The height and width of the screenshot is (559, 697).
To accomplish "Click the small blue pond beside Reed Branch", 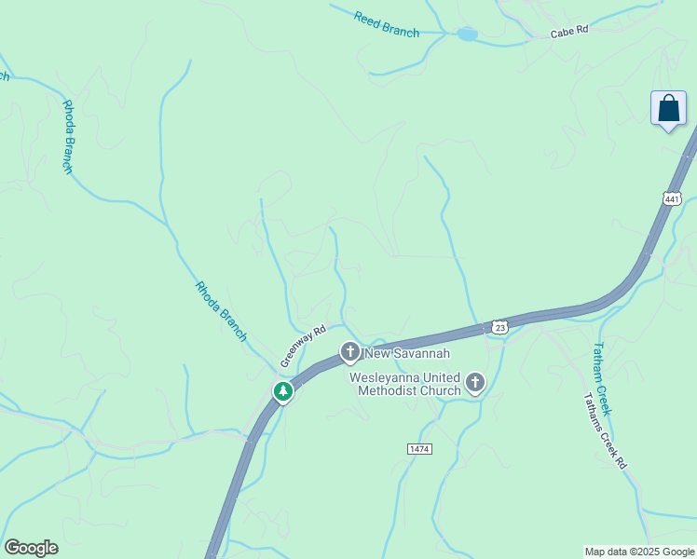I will [467, 34].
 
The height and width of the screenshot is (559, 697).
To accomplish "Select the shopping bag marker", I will [668, 109].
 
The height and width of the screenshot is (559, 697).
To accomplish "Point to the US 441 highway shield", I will [673, 198].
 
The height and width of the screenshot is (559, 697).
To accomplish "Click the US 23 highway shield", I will [500, 327].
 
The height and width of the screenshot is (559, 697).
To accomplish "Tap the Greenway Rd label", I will [303, 346].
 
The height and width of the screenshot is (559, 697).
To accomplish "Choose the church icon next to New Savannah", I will [349, 352].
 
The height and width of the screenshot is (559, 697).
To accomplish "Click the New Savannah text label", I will [407, 353].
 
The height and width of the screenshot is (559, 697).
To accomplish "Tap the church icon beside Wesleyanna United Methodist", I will [475, 382].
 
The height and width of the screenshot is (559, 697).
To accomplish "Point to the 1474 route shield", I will [419, 449].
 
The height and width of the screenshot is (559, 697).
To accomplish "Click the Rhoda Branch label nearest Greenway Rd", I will [221, 311].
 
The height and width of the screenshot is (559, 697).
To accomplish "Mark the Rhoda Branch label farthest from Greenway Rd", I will [67, 136].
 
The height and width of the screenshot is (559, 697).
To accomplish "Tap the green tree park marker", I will [283, 392].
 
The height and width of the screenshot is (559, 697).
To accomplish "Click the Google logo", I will [31, 548].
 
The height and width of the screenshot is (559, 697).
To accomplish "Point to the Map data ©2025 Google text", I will [638, 552].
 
